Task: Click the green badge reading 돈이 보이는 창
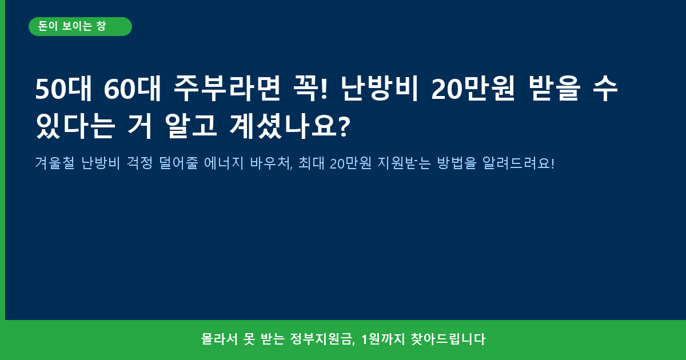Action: click(x=80, y=27)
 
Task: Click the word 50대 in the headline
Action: click(x=63, y=89)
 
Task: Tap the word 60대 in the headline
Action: click(x=132, y=89)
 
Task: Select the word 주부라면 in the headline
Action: click(x=227, y=89)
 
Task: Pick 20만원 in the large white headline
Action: click(x=473, y=89)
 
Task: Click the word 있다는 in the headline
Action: click(x=75, y=126)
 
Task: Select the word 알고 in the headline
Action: click(x=191, y=126)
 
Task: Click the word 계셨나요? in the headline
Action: click(x=290, y=126)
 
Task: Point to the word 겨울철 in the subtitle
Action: click(x=55, y=163)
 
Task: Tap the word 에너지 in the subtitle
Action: click(x=224, y=163)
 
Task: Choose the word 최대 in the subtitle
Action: click(x=311, y=163)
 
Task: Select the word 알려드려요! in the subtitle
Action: click(x=518, y=163)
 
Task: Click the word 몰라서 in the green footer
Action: click(x=220, y=339)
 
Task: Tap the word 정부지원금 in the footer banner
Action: click(x=321, y=339)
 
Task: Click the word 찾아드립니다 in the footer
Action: click(x=448, y=339)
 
